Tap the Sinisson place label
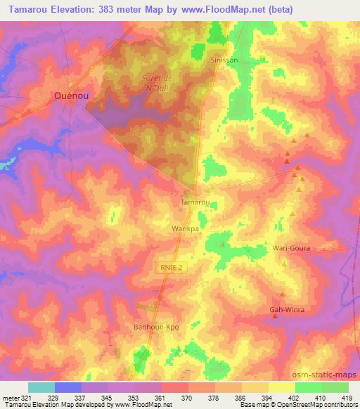coord(225,60)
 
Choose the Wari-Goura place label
coord(291,249)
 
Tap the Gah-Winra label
coord(285,309)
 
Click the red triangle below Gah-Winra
coord(275,316)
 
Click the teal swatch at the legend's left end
coord(41,387)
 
